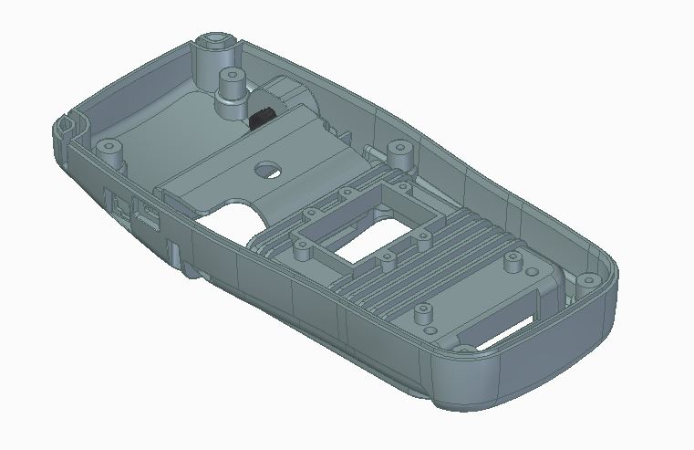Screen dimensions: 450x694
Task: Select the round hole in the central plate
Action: pos(269,169)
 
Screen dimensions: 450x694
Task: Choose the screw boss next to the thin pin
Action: pos(399,148)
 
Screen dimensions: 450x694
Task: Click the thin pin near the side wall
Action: pos(368,148)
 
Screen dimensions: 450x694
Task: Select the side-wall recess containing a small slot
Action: pos(146,218)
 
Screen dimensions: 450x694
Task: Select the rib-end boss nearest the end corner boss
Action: pos(515,264)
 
